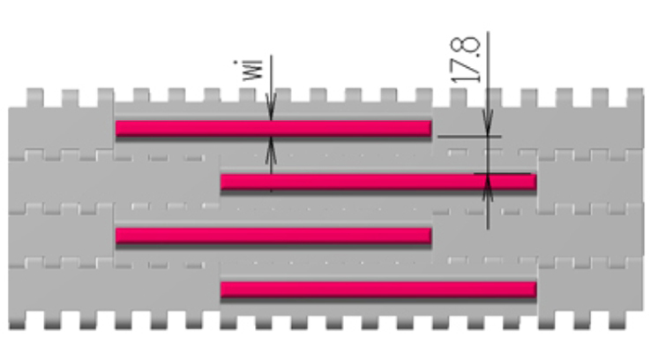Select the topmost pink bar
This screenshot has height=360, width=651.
coord(273,128)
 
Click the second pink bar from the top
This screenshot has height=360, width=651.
coord(378,183)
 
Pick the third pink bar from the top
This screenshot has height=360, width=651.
coord(273,236)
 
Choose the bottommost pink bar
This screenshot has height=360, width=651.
coord(378,289)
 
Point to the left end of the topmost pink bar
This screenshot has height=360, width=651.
coord(118,128)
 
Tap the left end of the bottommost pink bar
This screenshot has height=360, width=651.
coord(223,289)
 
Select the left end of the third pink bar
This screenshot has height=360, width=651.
coord(118,236)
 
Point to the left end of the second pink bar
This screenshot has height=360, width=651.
coord(223,183)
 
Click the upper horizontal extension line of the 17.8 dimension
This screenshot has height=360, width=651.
coord(468,136)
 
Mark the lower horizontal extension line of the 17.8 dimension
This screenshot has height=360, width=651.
coord(507,174)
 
